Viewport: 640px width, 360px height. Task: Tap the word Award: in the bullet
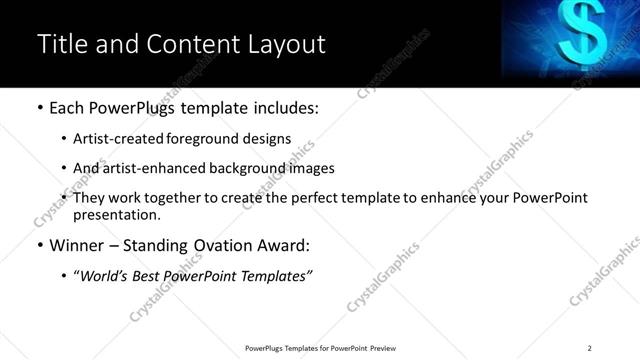point(284,245)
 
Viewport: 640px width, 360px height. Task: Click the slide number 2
point(589,348)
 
